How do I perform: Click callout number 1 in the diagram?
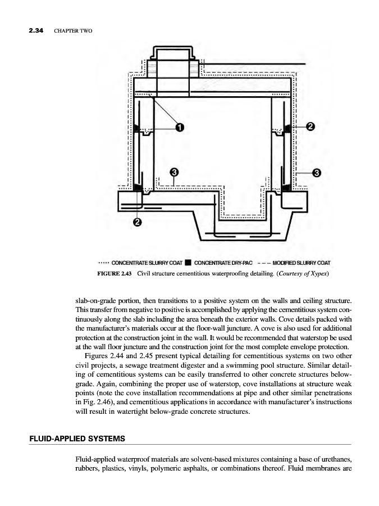coord(179,127)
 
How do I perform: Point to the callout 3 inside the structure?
coord(174,171)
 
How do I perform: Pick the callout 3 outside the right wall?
coord(316,172)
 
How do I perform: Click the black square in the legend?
coord(189,263)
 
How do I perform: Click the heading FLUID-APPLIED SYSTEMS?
coord(77,437)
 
